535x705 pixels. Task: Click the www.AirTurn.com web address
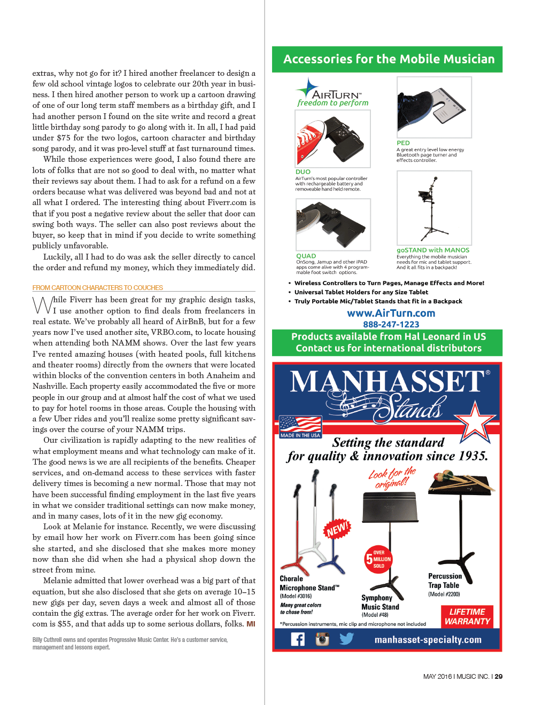point(391,314)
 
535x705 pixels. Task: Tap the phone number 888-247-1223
point(391,325)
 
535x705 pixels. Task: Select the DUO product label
point(303,172)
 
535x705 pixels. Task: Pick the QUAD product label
point(306,256)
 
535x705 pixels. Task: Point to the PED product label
point(403,143)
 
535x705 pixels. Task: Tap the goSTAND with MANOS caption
point(433,250)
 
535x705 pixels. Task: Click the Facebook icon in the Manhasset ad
point(298,639)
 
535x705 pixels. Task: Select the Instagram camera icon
point(322,639)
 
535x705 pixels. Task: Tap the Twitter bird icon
point(347,639)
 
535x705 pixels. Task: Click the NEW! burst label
point(337,529)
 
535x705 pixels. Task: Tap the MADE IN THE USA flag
point(300,427)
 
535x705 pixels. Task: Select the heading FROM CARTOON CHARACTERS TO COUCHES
point(97,287)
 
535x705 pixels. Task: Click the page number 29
point(499,677)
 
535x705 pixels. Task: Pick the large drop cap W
point(42,305)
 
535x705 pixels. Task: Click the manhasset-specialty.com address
point(428,640)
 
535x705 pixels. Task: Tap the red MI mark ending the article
point(251,624)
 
